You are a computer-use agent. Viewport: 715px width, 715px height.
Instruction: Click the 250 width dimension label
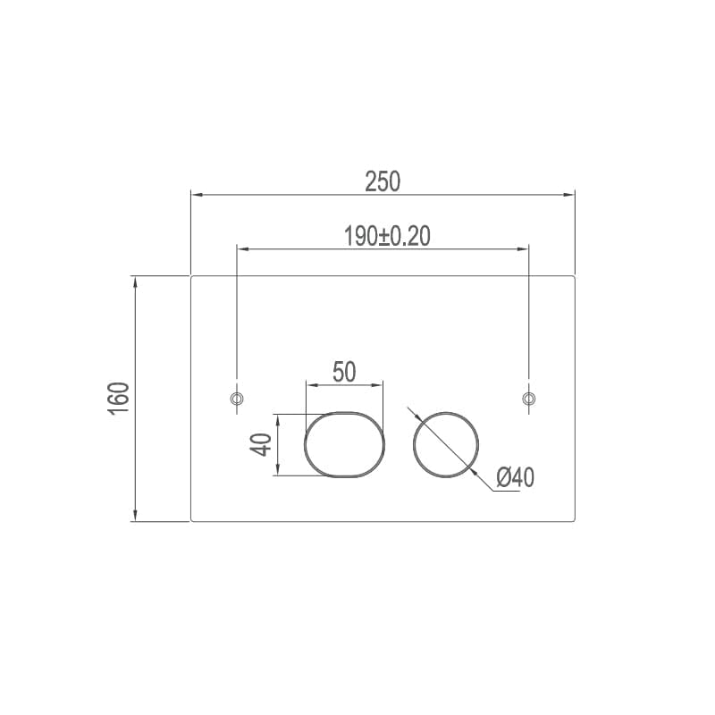[383, 181]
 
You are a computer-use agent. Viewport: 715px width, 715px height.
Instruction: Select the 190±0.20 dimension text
[387, 236]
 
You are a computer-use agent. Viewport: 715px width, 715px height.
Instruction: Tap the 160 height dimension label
[119, 399]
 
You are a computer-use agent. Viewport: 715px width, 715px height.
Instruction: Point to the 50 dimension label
[344, 372]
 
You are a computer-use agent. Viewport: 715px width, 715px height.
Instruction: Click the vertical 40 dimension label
[261, 444]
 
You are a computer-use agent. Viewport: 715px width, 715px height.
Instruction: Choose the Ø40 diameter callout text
[516, 477]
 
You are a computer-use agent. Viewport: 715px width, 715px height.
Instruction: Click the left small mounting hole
[237, 399]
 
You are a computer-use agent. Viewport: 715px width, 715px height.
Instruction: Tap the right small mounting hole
[528, 399]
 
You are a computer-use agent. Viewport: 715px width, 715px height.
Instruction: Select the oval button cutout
[305, 444]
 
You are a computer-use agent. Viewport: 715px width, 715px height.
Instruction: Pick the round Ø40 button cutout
[414, 444]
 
